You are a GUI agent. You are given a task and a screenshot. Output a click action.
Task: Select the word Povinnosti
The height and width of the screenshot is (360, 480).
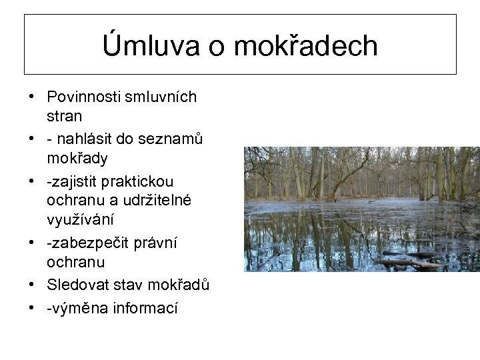85,97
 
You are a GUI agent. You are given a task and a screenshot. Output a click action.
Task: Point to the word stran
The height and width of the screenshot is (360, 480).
65,117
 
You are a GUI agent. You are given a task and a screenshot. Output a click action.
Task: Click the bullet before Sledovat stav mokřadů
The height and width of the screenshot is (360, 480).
31,285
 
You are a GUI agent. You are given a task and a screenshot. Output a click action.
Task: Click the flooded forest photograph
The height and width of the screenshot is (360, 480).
361,209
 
